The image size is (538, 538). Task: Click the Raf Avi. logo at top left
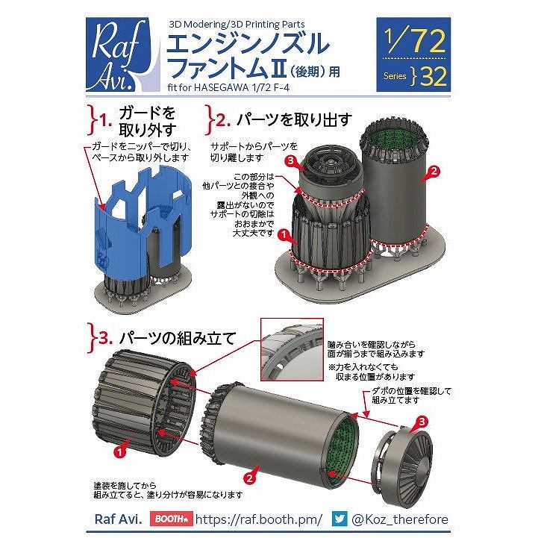tap(123, 54)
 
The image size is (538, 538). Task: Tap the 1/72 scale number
tap(415, 41)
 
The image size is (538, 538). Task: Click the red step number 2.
tap(223, 120)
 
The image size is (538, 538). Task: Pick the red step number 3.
tap(106, 338)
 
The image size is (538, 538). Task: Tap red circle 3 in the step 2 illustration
tap(291, 160)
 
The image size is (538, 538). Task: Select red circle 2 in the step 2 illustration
tap(434, 171)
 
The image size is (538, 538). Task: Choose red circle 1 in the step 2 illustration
tap(284, 235)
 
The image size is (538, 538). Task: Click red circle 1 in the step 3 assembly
tap(119, 452)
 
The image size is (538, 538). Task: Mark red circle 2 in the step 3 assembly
tap(249, 478)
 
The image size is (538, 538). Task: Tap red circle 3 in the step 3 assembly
tap(422, 422)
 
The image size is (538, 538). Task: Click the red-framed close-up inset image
tap(292, 349)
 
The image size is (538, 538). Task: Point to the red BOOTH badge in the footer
tap(171, 519)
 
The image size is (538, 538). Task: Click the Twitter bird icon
tap(340, 519)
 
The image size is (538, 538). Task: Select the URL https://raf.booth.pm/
tap(259, 519)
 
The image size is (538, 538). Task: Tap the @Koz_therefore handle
tap(400, 519)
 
